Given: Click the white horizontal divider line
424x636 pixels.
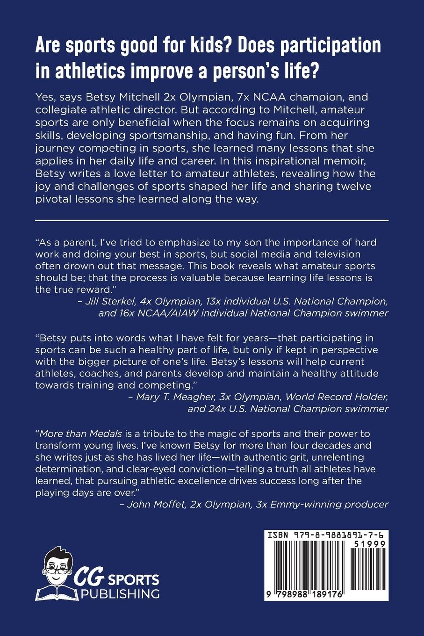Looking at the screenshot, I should click(x=212, y=220).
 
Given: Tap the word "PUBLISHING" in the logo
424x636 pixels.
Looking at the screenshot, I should click(x=120, y=594).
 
